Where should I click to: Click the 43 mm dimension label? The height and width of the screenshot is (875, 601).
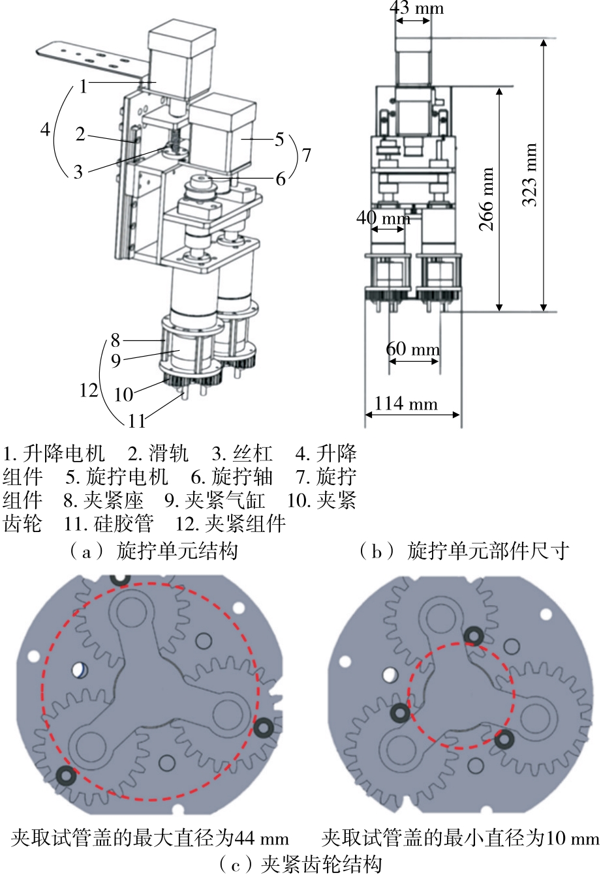coord(416,8)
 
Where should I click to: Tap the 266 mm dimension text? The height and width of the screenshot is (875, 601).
coord(486,199)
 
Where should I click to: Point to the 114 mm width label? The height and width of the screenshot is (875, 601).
coord(405,404)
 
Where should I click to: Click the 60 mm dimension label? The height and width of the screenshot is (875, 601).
coord(412,349)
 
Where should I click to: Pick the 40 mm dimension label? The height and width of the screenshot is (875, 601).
coord(383,218)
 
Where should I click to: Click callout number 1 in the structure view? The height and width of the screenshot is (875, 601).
coord(84,86)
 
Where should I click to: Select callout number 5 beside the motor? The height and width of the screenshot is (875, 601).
coord(279,139)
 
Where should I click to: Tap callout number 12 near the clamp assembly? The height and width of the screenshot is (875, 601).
coord(89,390)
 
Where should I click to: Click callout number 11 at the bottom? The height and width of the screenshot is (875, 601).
coord(136,421)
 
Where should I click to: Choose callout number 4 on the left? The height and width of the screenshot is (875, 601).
coord(45,129)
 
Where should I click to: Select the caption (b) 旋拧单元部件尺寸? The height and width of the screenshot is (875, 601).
coord(463,552)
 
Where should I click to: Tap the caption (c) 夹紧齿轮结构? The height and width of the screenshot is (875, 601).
coord(300,865)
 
